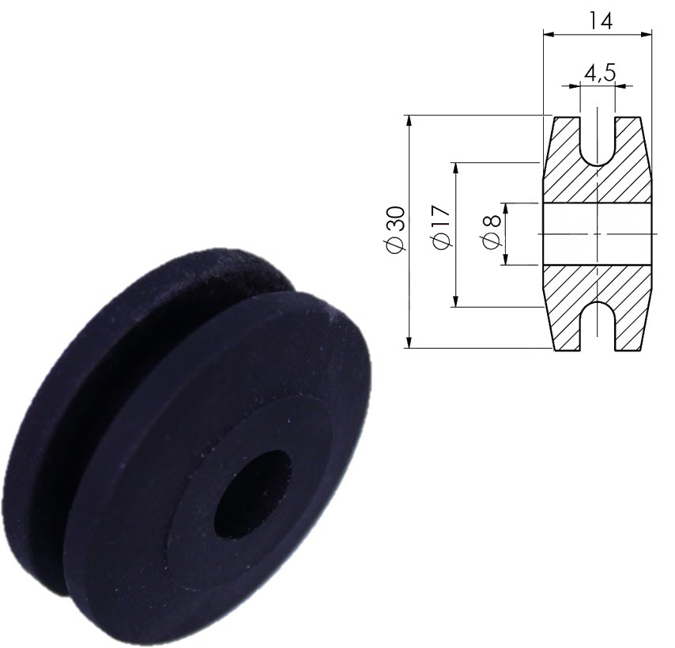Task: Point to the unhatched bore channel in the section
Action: [598, 233]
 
